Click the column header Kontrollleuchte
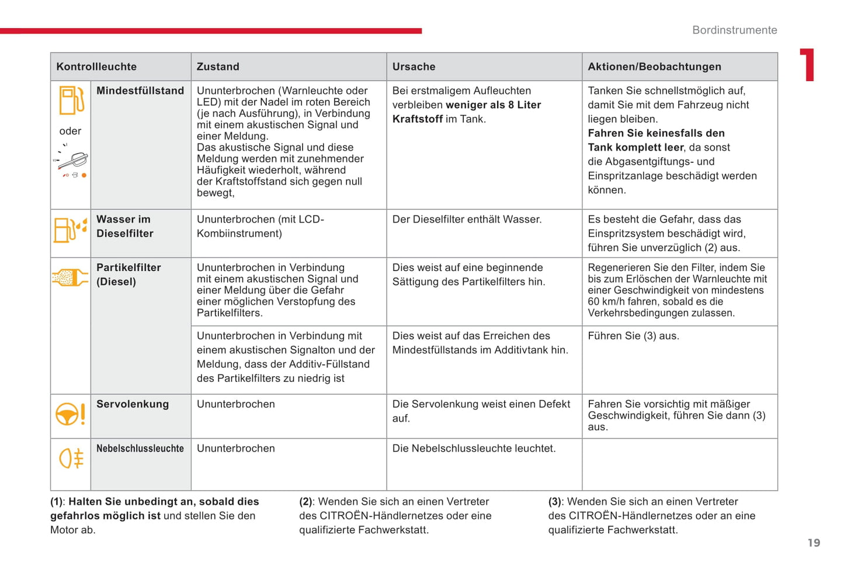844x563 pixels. tap(96, 67)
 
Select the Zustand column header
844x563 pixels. tap(218, 67)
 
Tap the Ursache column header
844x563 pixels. tap(414, 67)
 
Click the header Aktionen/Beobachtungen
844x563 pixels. tap(654, 67)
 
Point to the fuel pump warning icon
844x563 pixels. tap(71, 100)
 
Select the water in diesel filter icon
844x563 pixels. tap(70, 229)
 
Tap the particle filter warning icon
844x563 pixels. tap(70, 277)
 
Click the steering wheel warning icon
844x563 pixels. tap(70, 413)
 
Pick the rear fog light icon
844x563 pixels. tap(71, 458)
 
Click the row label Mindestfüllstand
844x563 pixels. tap(140, 91)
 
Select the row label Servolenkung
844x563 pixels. tap(133, 404)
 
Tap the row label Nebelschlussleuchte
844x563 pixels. tap(140, 449)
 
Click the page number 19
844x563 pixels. tap(814, 543)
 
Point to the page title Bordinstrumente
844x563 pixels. tap(734, 30)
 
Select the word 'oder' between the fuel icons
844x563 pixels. tap(70, 131)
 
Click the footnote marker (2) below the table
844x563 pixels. tap(306, 502)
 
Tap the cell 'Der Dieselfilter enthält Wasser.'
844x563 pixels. tap(467, 220)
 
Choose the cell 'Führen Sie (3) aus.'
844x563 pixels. tap(633, 336)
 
